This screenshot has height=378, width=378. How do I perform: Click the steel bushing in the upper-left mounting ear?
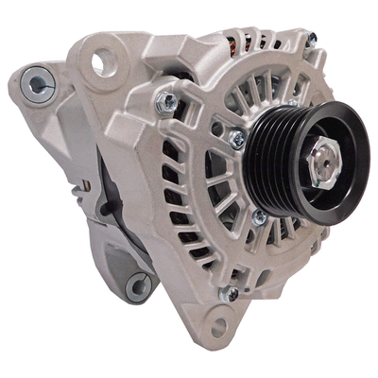coord(36,85)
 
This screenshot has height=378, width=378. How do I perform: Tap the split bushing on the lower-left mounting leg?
coord(138,283)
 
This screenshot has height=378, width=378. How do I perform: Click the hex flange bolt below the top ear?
coord(168,99)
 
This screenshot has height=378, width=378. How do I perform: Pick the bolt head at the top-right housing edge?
coord(312,39)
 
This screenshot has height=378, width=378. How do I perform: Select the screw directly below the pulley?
coord(258,216)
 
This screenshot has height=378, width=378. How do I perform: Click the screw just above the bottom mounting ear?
coord(229,295)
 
